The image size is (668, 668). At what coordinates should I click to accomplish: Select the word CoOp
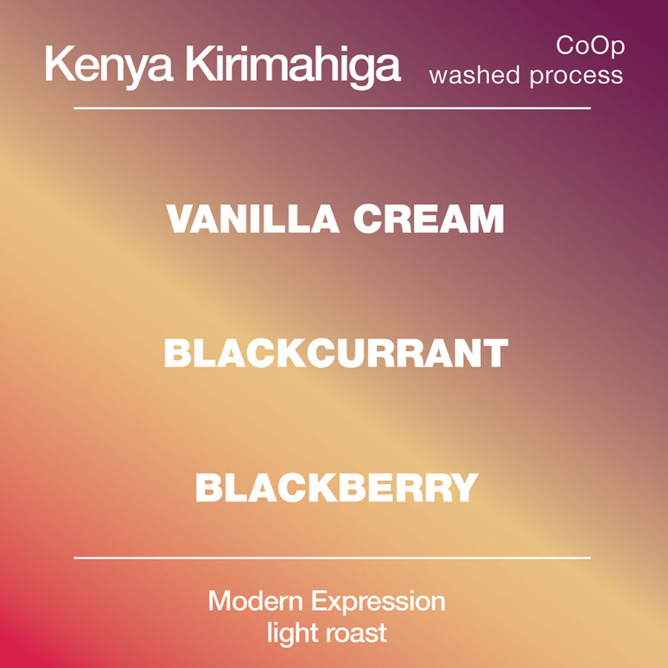click(x=590, y=45)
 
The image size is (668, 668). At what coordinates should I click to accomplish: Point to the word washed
click(x=474, y=76)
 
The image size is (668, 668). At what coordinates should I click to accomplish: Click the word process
click(x=577, y=77)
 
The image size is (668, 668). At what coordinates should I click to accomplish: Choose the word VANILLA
click(x=252, y=218)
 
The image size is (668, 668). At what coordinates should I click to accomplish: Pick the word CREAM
click(x=428, y=218)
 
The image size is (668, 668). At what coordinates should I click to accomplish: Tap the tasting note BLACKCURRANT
click(x=335, y=353)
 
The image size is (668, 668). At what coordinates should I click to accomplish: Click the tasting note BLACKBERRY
click(x=336, y=488)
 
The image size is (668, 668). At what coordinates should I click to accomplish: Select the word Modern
click(x=255, y=601)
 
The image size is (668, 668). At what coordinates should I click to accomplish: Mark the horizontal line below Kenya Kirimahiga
click(x=332, y=108)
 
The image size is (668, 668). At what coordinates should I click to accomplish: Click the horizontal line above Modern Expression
click(x=332, y=557)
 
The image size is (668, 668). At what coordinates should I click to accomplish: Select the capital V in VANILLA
click(x=180, y=218)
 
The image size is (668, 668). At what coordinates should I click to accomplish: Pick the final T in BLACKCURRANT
click(x=496, y=353)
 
